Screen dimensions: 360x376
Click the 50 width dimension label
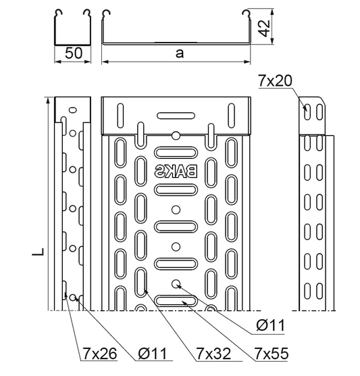tap(74, 53)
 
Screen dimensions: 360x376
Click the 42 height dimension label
tap(265, 28)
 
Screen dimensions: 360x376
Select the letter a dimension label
tap(180, 53)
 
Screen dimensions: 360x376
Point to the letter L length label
tap(38, 252)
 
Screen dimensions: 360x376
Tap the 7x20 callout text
tap(275, 80)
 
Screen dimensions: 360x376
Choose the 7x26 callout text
tap(100, 354)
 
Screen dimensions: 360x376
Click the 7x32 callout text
tap(213, 354)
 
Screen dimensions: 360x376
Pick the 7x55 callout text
tap(272, 353)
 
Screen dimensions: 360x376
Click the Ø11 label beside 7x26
tap(153, 354)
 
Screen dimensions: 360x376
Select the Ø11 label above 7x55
tap(270, 325)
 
